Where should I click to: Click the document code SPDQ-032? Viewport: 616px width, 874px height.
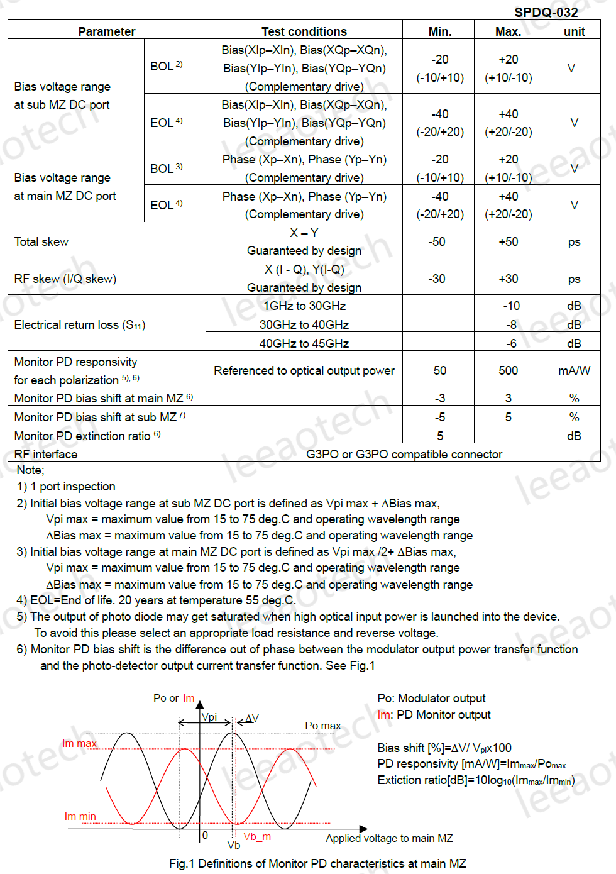click(546, 13)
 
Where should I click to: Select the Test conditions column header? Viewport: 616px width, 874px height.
click(304, 31)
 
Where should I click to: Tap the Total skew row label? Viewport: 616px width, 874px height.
click(41, 242)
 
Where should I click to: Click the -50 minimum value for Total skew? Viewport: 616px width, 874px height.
click(437, 242)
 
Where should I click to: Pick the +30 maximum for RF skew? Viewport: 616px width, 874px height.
click(508, 279)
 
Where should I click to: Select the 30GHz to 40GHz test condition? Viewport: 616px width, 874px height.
click(304, 324)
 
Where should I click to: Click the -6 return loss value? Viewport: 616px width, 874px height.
click(511, 343)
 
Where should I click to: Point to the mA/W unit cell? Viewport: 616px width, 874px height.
click(574, 371)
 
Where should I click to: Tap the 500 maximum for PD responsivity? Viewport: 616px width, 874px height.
click(508, 371)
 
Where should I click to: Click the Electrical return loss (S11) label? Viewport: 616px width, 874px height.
click(80, 325)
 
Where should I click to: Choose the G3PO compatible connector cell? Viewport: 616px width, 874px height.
click(404, 454)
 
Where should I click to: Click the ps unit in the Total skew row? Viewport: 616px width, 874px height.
click(574, 242)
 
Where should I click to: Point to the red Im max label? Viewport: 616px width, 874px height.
click(79, 743)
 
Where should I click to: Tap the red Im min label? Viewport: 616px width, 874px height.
click(80, 816)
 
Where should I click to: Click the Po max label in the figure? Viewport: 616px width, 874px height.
click(322, 726)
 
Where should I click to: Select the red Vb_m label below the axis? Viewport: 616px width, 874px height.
click(257, 836)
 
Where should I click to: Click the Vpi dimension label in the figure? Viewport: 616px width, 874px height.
click(209, 717)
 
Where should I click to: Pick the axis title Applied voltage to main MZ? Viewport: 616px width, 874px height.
click(389, 838)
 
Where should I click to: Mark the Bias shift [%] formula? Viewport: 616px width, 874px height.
click(444, 748)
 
